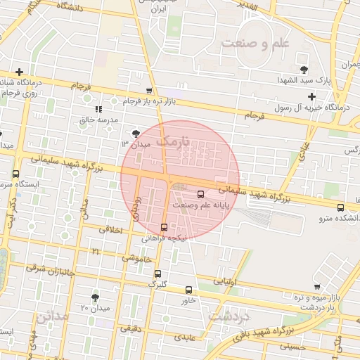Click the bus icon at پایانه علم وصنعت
point(202,194)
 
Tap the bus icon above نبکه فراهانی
point(164,227)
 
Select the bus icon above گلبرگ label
point(157,274)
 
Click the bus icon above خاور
point(188,290)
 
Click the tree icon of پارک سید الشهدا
point(304,70)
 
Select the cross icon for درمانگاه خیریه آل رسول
point(311,96)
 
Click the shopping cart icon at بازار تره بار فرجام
point(149,91)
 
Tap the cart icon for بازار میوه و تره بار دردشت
point(318,286)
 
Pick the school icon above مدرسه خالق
point(98,109)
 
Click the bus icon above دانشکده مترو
point(340,207)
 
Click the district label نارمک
point(173,141)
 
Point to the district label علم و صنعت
point(255,44)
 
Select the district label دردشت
point(229,316)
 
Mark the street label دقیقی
point(130,328)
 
